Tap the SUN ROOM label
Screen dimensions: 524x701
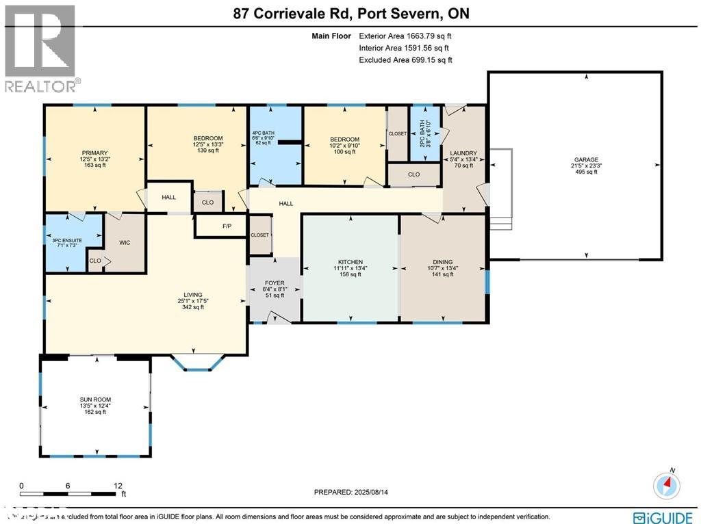pyautogui.click(x=95, y=399)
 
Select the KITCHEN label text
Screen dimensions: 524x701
pyautogui.click(x=350, y=262)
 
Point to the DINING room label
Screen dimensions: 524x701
pyautogui.click(x=443, y=262)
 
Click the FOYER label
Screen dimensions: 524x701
pyautogui.click(x=274, y=283)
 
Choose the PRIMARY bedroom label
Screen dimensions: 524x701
pyautogui.click(x=94, y=153)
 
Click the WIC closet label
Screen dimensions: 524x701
pyautogui.click(x=125, y=242)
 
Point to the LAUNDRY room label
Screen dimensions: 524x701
pyautogui.click(x=463, y=153)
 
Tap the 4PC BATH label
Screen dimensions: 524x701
pyautogui.click(x=263, y=133)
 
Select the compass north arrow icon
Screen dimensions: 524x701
pyautogui.click(x=667, y=484)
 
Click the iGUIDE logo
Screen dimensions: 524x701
pyautogui.click(x=664, y=517)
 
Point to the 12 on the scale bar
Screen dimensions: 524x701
pyautogui.click(x=118, y=486)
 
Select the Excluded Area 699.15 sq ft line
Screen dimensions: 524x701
pyautogui.click(x=405, y=60)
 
